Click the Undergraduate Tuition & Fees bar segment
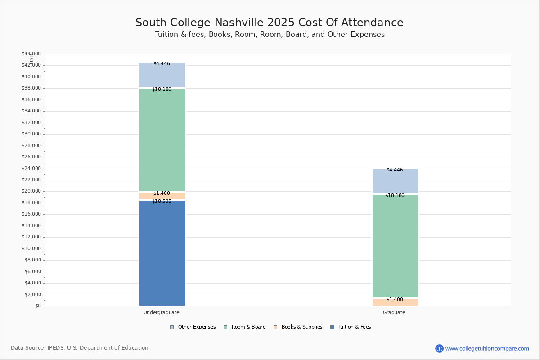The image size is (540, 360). point(162,253)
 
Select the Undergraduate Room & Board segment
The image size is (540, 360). point(162,140)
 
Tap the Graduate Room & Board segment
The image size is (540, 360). point(395,246)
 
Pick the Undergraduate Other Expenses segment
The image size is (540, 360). point(162,75)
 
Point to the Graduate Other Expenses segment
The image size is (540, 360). point(395,181)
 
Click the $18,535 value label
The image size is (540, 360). point(162,201)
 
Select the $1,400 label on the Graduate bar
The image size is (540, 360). point(395,300)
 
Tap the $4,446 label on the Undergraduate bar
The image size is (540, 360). point(162,63)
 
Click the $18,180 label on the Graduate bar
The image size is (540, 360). point(395,196)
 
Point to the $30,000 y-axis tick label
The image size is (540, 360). point(31,134)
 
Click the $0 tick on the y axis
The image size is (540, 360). point(38,306)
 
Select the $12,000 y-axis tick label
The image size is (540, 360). point(31,237)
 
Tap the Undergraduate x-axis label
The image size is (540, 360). point(161,312)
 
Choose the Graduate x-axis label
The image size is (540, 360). point(394,312)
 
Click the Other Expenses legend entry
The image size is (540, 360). point(193,327)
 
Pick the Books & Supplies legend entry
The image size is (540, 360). point(298,327)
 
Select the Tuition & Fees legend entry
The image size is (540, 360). point(351,327)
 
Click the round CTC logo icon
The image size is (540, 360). point(439,348)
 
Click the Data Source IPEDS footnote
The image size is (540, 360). point(80,348)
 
